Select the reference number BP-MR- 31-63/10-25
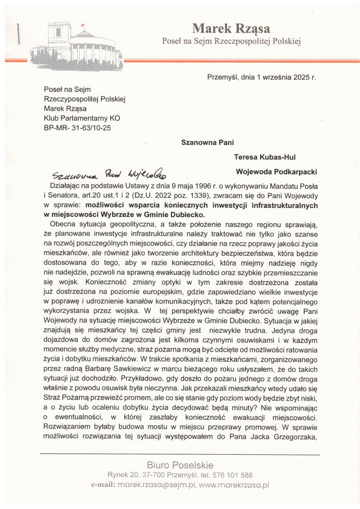pos(78,128)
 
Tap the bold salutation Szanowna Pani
pos(207,142)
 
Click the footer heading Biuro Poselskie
pos(180,465)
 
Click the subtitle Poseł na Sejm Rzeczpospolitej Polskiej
pos(231,41)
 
